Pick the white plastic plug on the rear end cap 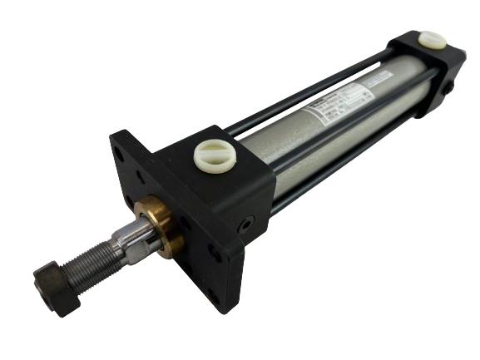[x=432, y=39]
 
